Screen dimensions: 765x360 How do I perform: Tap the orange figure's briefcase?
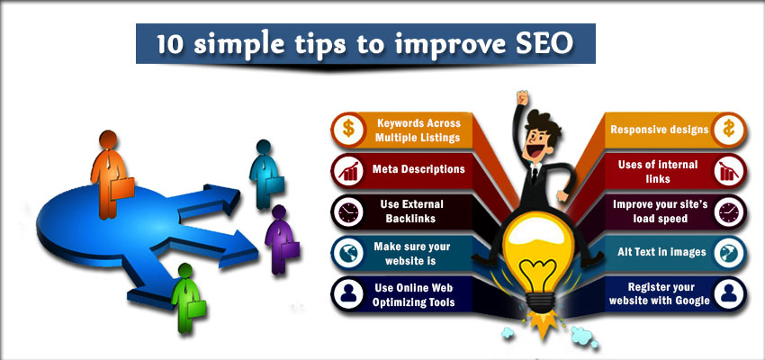(x=122, y=188)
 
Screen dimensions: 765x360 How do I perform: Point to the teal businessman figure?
(x=265, y=174)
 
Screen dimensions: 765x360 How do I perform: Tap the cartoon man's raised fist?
(x=523, y=96)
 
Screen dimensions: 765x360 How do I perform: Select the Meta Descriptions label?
(x=418, y=169)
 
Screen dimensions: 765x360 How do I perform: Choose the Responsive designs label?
(x=660, y=130)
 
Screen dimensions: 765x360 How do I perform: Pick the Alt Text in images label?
(x=661, y=252)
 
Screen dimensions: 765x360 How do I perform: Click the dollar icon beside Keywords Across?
(x=348, y=130)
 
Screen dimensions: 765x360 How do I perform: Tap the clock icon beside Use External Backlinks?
(x=348, y=212)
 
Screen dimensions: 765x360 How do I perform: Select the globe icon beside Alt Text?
(x=728, y=253)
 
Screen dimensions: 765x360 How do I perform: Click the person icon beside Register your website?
(x=728, y=293)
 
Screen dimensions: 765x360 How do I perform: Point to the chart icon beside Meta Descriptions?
(x=348, y=171)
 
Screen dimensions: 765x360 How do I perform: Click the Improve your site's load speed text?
(x=660, y=211)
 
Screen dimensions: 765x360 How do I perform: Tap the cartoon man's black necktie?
(x=535, y=175)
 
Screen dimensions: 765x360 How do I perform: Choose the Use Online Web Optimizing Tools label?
(x=414, y=295)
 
